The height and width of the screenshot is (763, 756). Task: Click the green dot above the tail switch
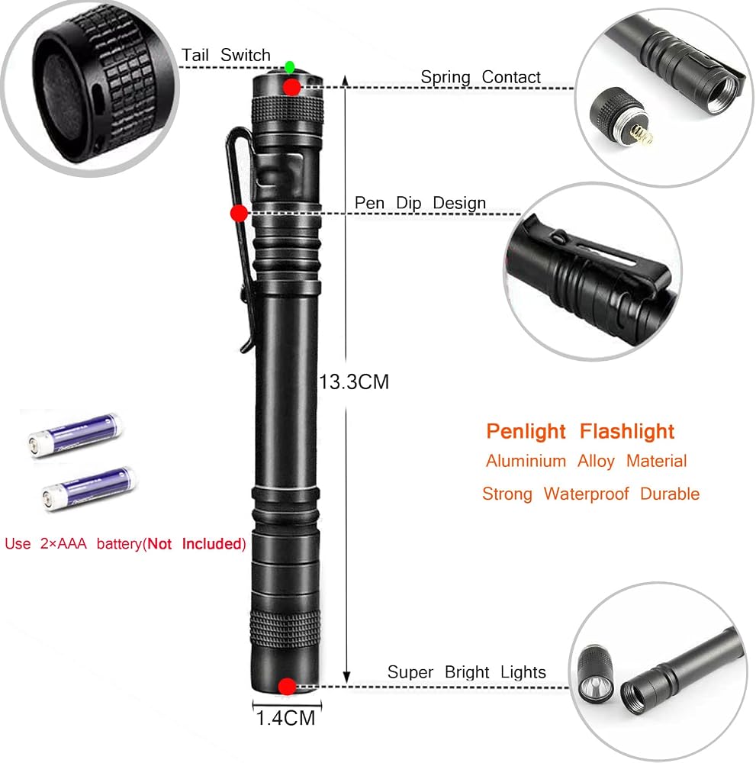(x=289, y=66)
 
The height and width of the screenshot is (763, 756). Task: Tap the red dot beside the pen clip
(x=238, y=213)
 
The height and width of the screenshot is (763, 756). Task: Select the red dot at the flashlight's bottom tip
(x=287, y=687)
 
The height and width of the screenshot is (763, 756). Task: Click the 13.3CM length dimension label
(x=354, y=382)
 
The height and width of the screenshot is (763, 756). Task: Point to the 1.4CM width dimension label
(x=286, y=718)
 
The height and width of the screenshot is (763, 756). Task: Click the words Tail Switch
(x=226, y=55)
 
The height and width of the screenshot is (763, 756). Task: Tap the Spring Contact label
(x=481, y=77)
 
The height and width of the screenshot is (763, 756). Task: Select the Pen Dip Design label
(x=420, y=202)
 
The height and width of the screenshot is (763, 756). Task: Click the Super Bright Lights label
(x=467, y=672)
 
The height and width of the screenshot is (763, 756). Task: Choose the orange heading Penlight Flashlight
(x=581, y=431)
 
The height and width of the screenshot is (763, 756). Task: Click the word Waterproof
(x=586, y=494)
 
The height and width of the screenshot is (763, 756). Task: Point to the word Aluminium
(x=526, y=461)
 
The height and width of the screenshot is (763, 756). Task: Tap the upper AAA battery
(x=75, y=435)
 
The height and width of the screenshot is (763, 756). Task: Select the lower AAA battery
(x=89, y=488)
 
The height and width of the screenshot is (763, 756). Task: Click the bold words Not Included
(x=195, y=543)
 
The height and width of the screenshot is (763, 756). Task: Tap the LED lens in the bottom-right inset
(x=593, y=686)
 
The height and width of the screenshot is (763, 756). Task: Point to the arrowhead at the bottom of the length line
(x=346, y=677)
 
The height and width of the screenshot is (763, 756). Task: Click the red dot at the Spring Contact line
(x=292, y=87)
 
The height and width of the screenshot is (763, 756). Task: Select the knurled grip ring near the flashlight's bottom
(x=285, y=627)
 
